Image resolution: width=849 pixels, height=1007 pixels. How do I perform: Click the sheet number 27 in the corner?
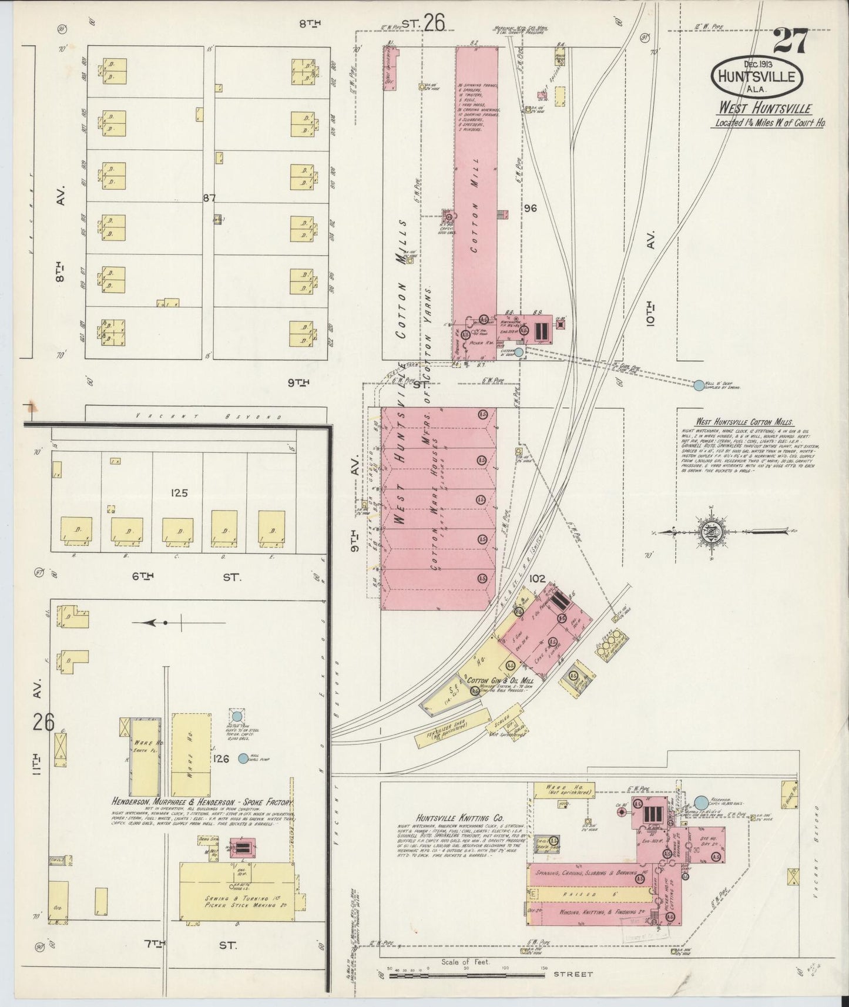(790, 42)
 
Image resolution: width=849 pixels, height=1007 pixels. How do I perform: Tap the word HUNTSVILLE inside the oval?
(757, 76)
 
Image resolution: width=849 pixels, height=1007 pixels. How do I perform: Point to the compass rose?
(707, 532)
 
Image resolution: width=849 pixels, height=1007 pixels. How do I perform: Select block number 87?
(210, 198)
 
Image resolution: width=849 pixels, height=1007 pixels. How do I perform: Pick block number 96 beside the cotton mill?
(531, 207)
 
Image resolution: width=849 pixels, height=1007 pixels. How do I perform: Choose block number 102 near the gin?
(536, 578)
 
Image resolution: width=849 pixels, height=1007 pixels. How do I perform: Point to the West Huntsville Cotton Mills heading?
(743, 422)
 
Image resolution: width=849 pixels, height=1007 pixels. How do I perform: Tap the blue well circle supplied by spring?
(698, 385)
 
